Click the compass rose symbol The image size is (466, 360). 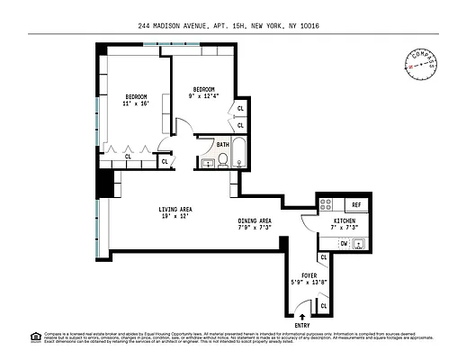point(421,60)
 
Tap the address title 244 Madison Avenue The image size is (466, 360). point(233,25)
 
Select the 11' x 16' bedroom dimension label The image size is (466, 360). point(136,102)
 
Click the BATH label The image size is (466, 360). point(222,143)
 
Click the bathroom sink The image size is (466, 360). point(207,163)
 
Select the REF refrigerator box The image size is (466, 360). point(355,204)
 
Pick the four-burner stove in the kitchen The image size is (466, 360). point(327,204)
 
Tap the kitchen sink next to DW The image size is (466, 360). point(360,243)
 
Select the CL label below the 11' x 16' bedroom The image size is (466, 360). point(128,157)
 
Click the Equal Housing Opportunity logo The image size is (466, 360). point(36,337)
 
